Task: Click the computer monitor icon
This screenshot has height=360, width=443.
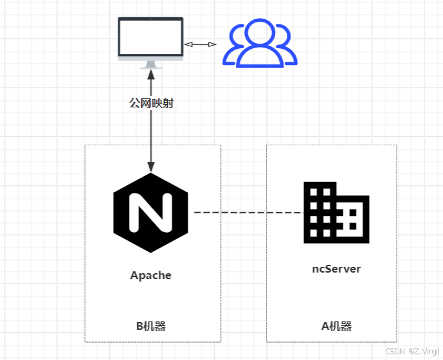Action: click(x=150, y=42)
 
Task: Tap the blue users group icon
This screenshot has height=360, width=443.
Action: click(x=260, y=44)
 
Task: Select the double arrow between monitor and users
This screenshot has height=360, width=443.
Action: click(x=200, y=44)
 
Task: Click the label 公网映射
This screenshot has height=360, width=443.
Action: click(x=151, y=103)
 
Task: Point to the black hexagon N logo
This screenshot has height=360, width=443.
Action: click(x=151, y=212)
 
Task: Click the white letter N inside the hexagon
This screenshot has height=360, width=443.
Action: click(x=151, y=212)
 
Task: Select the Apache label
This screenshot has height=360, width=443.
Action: click(x=151, y=275)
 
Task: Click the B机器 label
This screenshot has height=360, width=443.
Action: click(x=151, y=326)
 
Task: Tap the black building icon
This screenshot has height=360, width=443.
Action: click(x=336, y=213)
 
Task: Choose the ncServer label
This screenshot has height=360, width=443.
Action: click(x=336, y=269)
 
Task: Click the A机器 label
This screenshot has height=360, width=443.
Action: click(x=336, y=326)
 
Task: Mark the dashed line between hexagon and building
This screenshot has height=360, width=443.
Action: click(x=248, y=212)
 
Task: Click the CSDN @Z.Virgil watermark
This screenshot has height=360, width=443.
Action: click(x=411, y=352)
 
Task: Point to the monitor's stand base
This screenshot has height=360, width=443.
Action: click(x=150, y=67)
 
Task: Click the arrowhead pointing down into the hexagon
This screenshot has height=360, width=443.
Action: click(x=151, y=167)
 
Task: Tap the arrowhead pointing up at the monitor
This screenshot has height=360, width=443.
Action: click(x=151, y=74)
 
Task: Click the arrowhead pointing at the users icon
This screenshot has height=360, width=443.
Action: click(x=213, y=44)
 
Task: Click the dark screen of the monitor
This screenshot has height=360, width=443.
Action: click(x=150, y=37)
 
